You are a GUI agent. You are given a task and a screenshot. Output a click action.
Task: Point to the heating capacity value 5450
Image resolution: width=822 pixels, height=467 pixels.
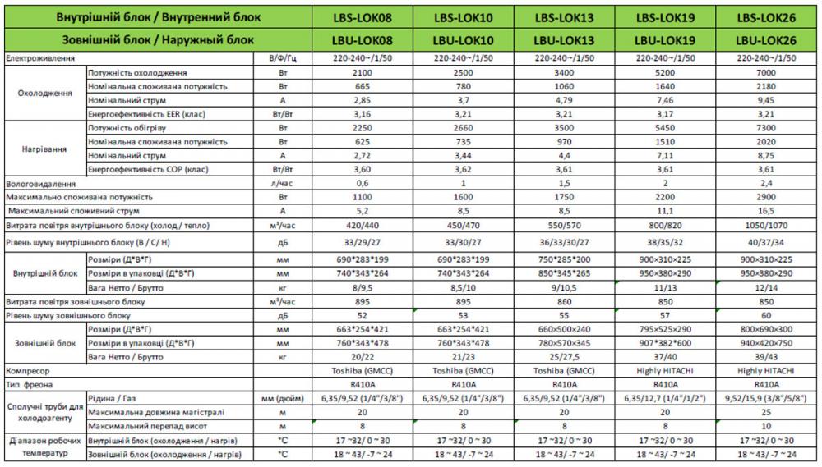coord(667,128)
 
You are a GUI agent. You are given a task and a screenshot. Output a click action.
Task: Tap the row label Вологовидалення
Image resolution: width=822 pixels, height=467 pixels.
coord(41,184)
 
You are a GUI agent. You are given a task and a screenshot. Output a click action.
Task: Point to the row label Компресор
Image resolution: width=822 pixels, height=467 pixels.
coord(28,371)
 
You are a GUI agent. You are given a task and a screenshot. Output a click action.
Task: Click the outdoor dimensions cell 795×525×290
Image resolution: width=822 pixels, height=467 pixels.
coord(667,329)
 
